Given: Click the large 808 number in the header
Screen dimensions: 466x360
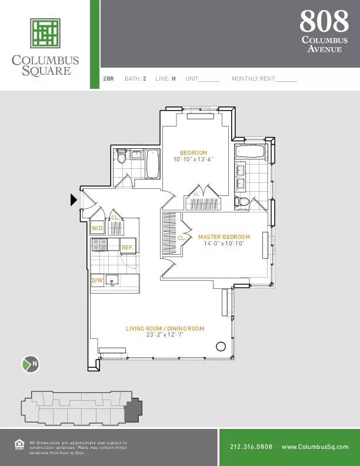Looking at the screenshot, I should pos(324,21).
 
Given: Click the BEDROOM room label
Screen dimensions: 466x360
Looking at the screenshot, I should pos(194,153).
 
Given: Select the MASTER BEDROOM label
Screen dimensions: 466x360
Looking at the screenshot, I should pos(224,237).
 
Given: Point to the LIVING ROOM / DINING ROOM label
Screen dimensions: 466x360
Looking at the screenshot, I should pos(165,329).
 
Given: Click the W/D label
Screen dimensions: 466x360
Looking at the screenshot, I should pos(97,228).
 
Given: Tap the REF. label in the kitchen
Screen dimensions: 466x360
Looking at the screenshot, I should pos(127,248).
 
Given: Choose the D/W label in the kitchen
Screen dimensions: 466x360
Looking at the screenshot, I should pos(97,281).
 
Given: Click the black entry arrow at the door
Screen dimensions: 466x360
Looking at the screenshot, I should pos(74,200).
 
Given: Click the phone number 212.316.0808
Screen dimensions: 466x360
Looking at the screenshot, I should pos(251,447).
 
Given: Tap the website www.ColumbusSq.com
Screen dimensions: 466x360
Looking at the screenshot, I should pos(315,447).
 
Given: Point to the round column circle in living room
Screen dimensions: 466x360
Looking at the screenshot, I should pos(221,346).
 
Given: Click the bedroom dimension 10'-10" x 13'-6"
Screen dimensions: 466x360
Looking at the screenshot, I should pos(194,159).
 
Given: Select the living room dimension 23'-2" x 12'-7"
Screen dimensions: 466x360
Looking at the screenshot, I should pos(165,335).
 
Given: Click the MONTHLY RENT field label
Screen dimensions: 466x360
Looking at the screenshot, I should pos(254,78).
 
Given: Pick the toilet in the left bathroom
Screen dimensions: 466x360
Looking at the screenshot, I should pos(122,157).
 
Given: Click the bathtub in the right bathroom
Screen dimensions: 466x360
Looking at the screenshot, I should pos(250,151).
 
